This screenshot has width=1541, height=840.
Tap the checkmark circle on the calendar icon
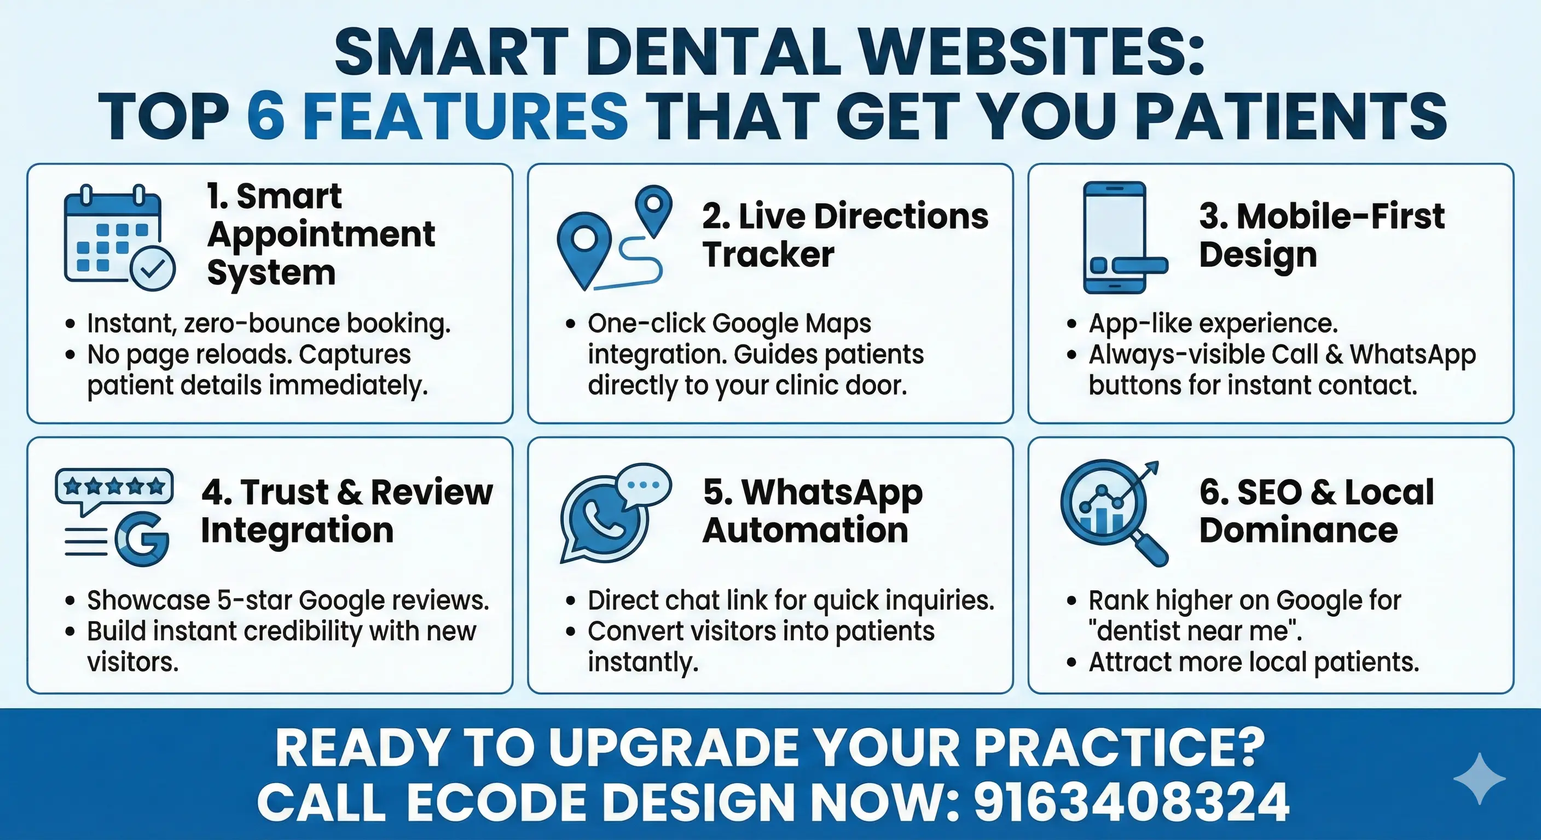click(153, 269)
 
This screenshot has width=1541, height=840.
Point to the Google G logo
click(142, 539)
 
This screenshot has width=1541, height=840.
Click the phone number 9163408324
click(1131, 802)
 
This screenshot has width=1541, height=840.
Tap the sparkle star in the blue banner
click(1479, 778)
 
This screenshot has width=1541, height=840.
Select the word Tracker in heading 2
click(768, 255)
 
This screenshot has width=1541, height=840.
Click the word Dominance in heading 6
click(1298, 530)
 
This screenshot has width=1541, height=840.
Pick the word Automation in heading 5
click(805, 530)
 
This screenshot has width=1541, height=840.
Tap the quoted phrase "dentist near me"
click(1195, 631)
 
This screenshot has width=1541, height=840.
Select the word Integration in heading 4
click(297, 530)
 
